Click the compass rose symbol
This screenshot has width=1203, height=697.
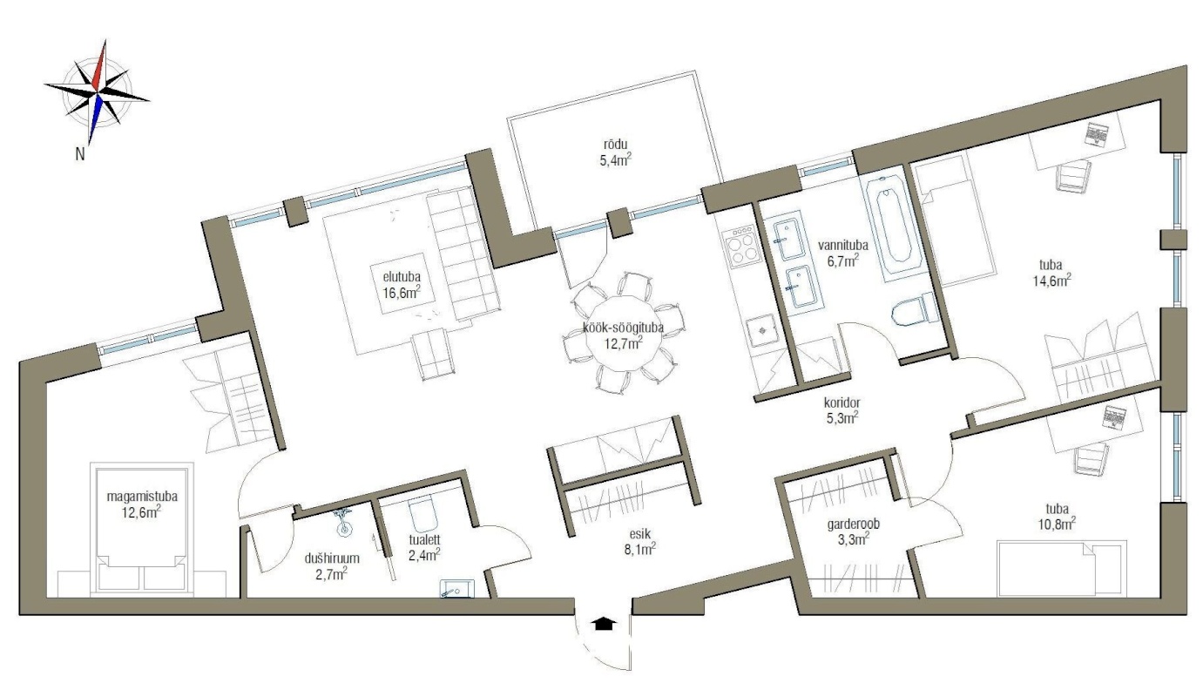(x=98, y=92)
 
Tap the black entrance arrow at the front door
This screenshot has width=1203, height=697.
(x=604, y=623)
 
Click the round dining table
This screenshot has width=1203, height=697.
(x=623, y=335)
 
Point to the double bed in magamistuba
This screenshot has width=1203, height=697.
(x=141, y=529)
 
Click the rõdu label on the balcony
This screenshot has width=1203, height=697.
(x=616, y=145)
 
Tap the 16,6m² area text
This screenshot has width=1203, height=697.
(x=402, y=293)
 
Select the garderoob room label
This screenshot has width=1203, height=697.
(x=854, y=524)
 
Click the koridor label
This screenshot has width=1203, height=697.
(x=842, y=403)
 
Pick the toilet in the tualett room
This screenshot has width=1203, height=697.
(x=422, y=514)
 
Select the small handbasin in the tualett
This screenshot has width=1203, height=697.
(x=456, y=589)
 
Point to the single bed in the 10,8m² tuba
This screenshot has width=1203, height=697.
(x=1062, y=569)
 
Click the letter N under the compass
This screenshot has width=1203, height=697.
(x=80, y=154)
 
